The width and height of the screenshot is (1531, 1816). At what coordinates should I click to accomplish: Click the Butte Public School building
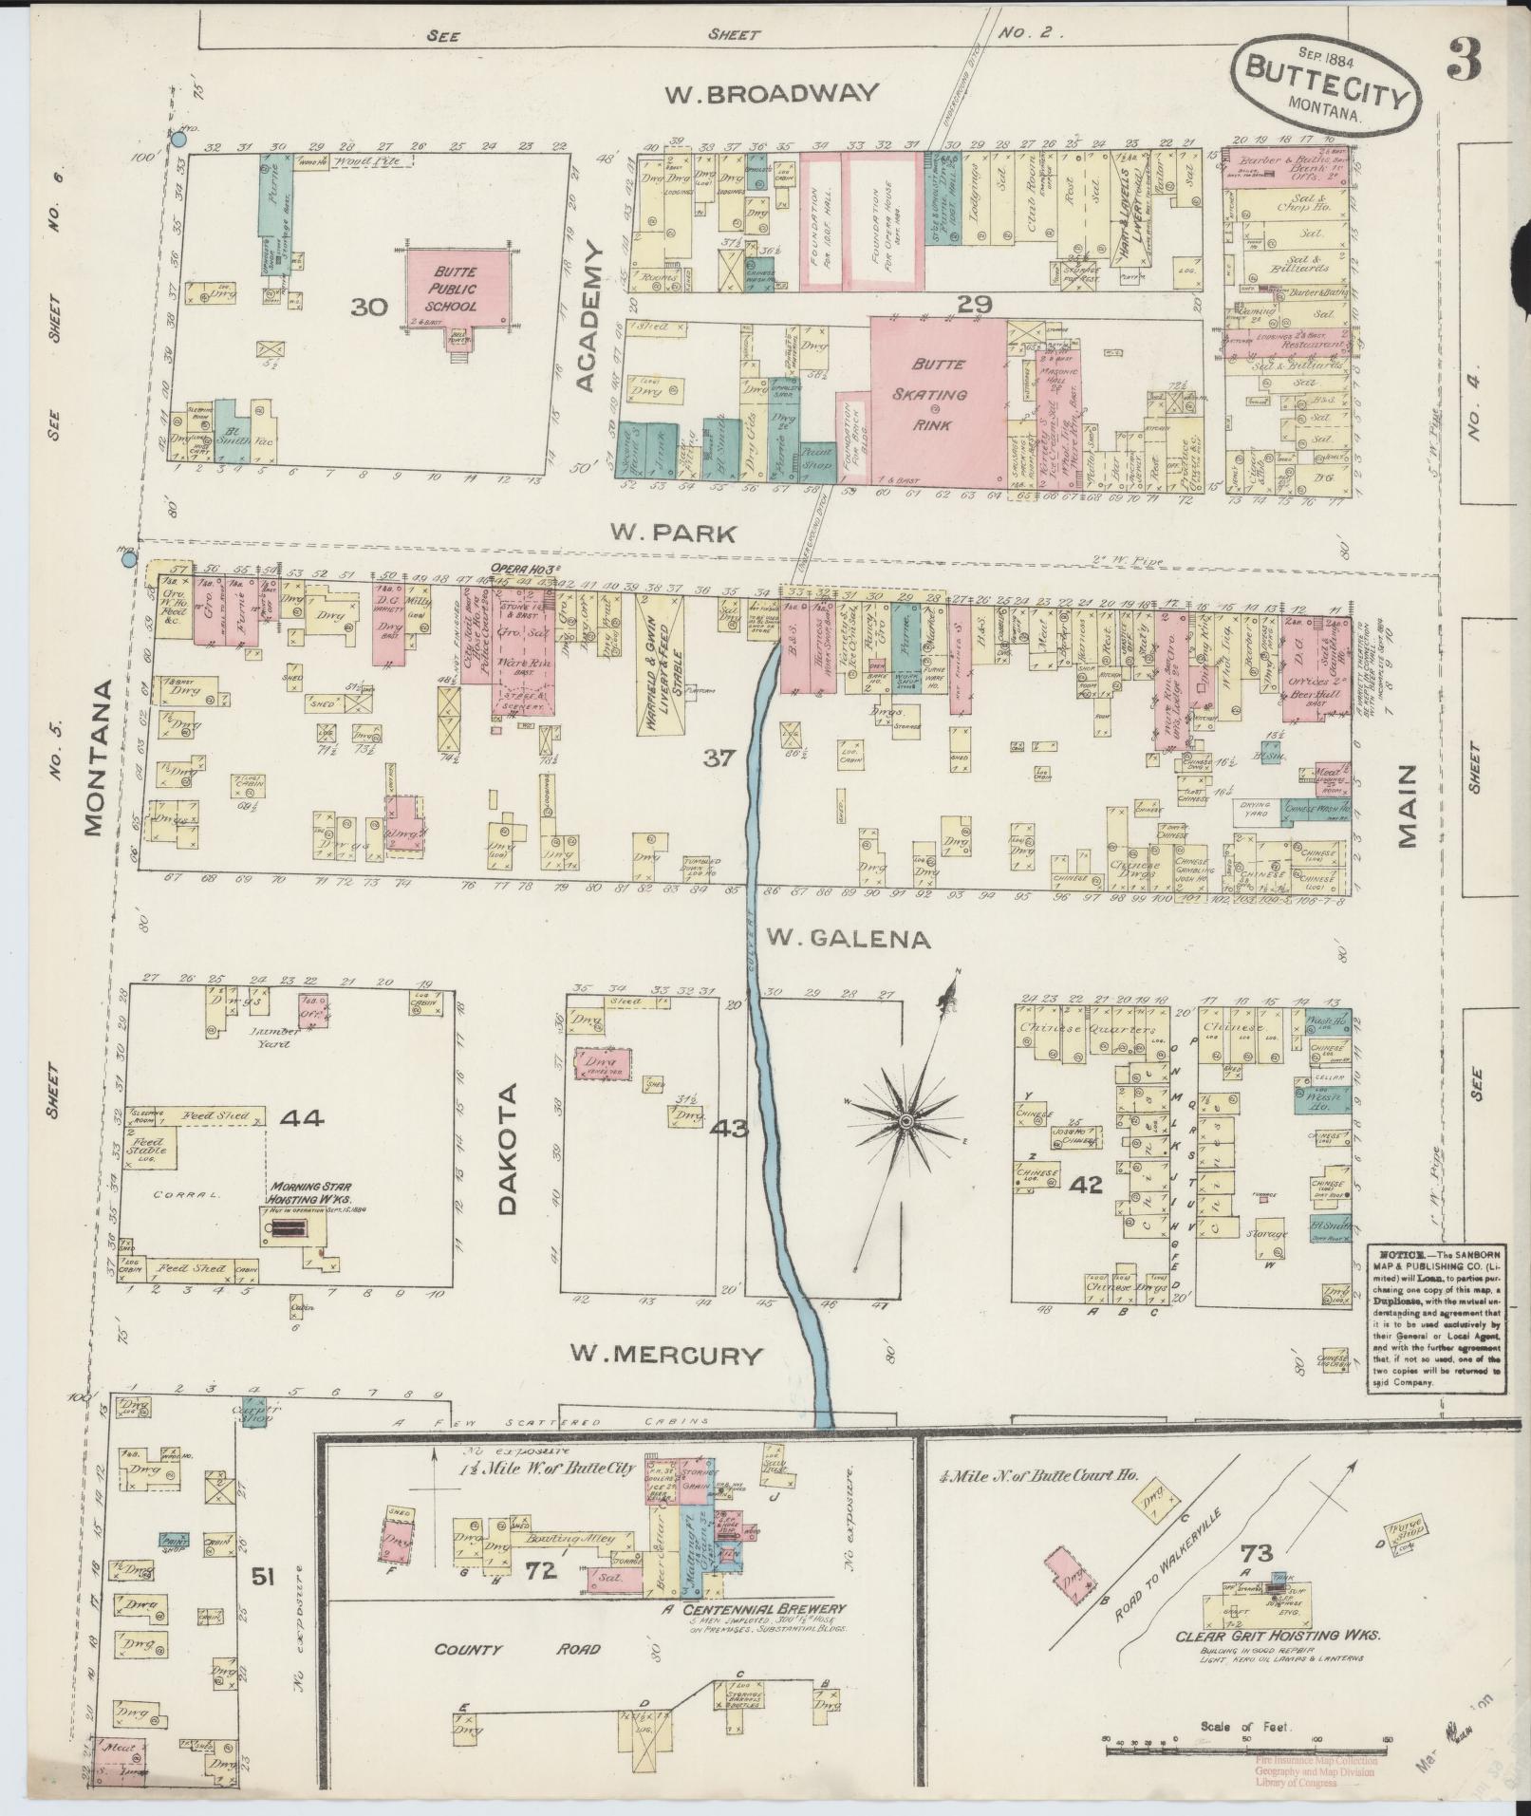coord(453,293)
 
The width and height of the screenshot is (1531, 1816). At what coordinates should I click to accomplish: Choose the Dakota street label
coord(506,1149)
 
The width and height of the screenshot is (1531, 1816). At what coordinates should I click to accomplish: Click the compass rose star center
coord(906,1122)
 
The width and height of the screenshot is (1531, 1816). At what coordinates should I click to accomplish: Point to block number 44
coord(303,1118)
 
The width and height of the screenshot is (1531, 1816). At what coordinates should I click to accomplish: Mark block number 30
coord(370,307)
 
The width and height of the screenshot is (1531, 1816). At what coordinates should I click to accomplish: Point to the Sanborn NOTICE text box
coord(1434,1317)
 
